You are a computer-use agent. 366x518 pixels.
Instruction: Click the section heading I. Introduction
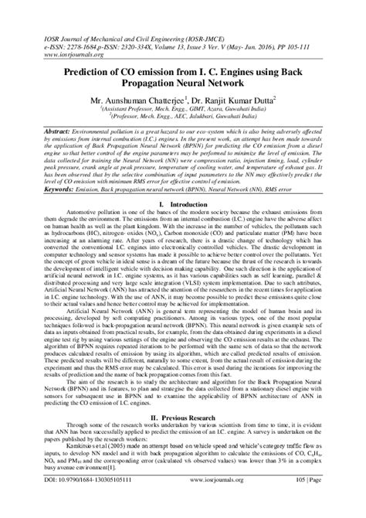(182, 205)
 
